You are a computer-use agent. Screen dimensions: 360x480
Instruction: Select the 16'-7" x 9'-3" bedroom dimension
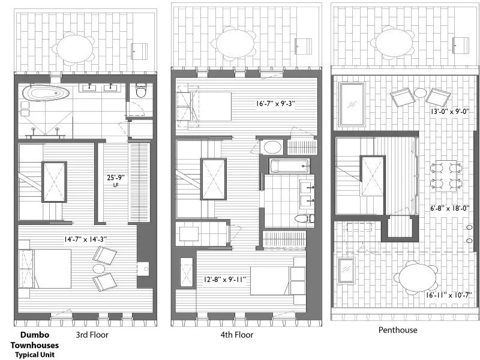pyautogui.click(x=275, y=104)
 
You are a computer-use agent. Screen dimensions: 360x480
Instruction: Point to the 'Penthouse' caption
pyautogui.click(x=398, y=329)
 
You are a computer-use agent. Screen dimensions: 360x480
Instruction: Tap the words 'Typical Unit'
pyautogui.click(x=35, y=355)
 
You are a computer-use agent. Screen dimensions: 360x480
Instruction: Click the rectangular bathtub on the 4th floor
pyautogui.click(x=290, y=166)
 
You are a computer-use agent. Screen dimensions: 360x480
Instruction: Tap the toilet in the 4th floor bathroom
pyautogui.click(x=302, y=218)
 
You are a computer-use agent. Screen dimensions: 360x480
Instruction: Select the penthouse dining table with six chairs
pyautogui.click(x=445, y=175)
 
